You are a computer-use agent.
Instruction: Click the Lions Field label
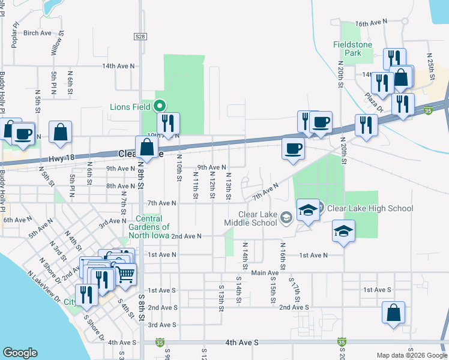[130, 107]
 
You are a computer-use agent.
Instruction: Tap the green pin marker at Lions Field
[160, 106]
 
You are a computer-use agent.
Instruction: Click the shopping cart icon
[125, 273]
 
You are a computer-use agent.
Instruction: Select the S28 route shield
[140, 37]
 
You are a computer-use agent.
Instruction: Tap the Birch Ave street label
[38, 33]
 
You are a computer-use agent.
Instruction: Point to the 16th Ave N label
[372, 23]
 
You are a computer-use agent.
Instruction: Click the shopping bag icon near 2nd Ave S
[393, 313]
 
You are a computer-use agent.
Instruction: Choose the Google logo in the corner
[20, 353]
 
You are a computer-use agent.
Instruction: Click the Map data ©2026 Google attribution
[411, 355]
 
